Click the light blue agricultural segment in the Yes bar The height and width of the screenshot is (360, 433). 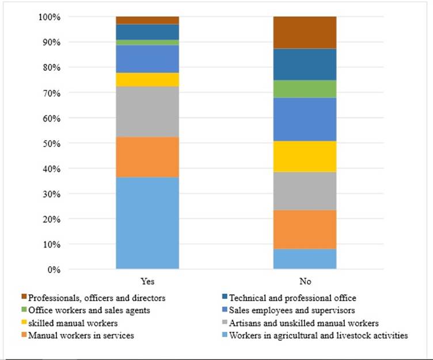147,223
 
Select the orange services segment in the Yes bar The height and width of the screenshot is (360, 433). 147,157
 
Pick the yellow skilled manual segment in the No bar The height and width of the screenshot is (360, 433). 305,156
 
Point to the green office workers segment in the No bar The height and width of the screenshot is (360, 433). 305,89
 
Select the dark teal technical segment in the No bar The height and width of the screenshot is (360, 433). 305,64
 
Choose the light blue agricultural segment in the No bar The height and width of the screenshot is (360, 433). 305,259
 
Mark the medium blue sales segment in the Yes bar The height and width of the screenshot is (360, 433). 147,58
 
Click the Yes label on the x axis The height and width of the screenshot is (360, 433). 147,282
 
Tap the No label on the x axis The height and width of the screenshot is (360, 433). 305,282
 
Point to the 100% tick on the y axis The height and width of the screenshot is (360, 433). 50,17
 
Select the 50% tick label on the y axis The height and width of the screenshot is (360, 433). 51,143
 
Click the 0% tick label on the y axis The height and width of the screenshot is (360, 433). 53,270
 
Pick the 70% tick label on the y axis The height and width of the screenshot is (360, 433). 51,93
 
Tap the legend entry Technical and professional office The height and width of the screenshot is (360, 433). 293,298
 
